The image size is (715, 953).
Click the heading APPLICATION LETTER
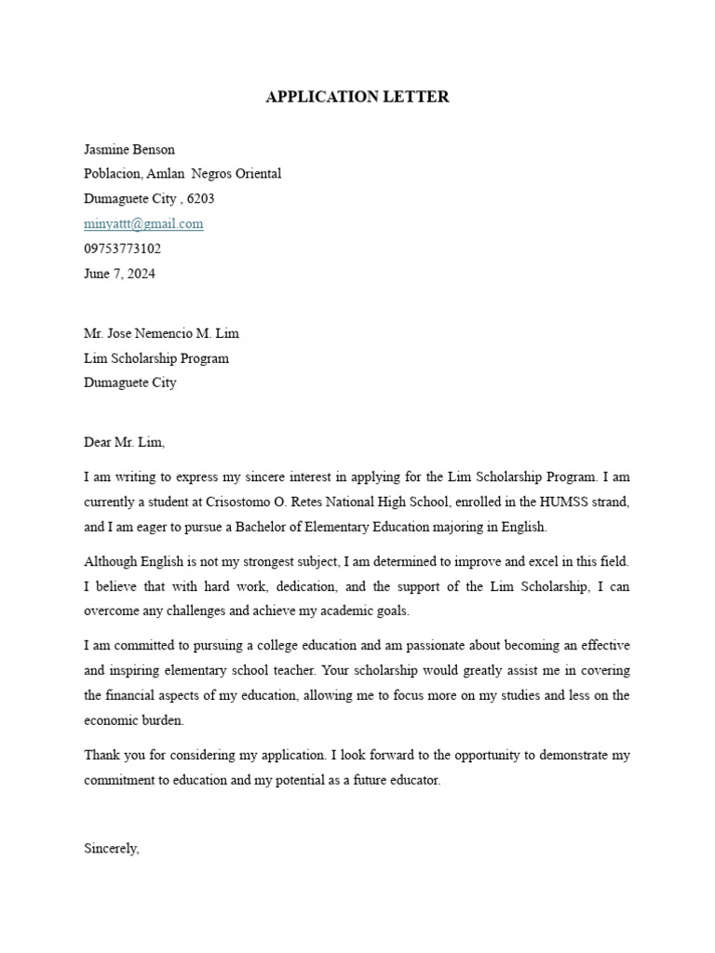[357, 97]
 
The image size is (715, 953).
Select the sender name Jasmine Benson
[129, 149]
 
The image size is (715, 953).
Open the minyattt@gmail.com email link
[143, 224]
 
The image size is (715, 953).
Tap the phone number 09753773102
[122, 249]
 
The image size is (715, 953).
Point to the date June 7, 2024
[119, 274]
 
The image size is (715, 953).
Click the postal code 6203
[200, 199]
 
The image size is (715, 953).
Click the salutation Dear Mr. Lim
[124, 443]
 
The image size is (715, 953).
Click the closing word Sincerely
[111, 848]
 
